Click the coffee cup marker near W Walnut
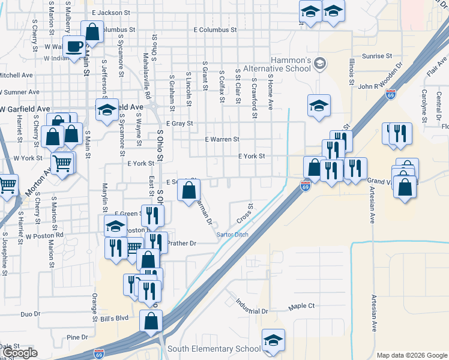point(75,47)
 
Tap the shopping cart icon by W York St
point(62,163)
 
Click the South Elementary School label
point(214,349)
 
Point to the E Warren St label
point(222,139)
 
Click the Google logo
point(20,353)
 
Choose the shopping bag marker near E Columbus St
point(92,32)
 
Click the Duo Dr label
point(30,314)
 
